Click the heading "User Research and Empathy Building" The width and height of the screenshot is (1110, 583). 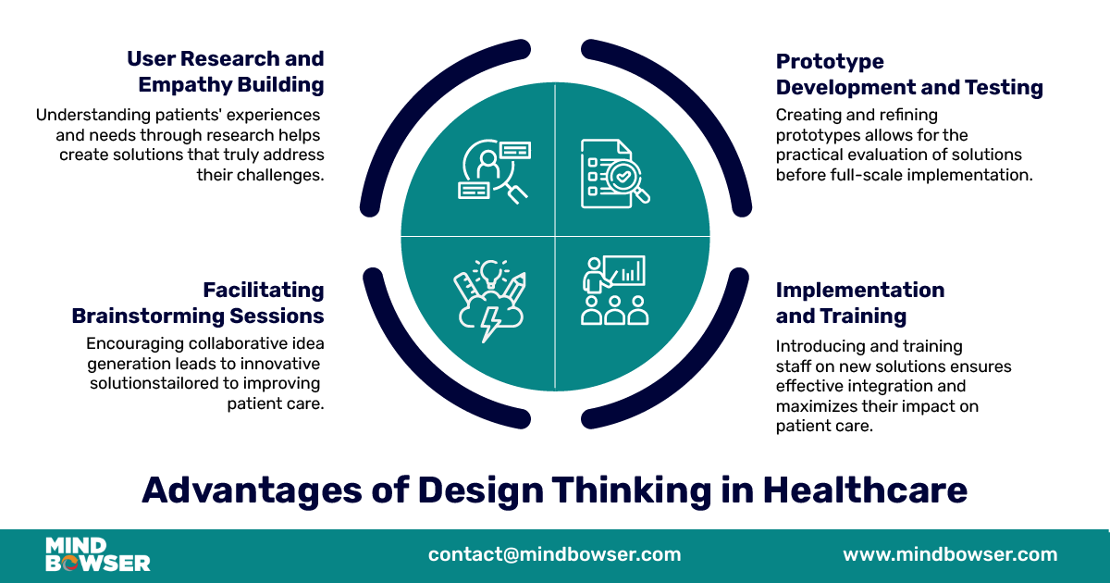tap(226, 72)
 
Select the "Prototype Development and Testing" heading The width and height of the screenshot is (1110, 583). tap(909, 74)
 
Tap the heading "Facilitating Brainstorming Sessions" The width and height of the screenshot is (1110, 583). tap(198, 303)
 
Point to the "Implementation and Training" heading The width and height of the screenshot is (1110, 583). tap(860, 303)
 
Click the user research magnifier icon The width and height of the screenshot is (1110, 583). tap(494, 171)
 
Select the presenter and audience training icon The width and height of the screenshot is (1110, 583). tap(614, 291)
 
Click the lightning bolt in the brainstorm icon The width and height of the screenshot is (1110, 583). tap(491, 325)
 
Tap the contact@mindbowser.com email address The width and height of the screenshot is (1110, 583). tap(554, 554)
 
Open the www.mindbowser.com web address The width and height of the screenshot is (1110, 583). tap(950, 554)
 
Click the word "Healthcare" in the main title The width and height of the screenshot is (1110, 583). tap(865, 490)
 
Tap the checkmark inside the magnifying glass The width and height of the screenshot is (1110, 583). tap(623, 176)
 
